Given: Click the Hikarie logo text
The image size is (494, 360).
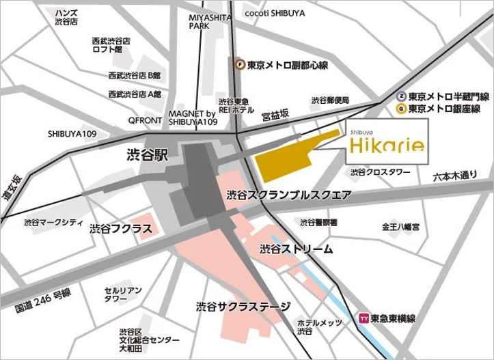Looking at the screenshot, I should coord(387,145).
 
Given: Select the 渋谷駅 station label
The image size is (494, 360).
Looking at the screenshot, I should coord(147,155).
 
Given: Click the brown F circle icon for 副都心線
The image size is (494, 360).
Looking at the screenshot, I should coord(239,65).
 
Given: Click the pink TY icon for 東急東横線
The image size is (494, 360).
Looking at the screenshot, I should coord(363,318).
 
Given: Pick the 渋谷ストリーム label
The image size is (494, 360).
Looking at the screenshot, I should coord(297,249).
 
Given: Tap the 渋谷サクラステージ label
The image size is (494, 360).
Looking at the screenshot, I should coord(243,307).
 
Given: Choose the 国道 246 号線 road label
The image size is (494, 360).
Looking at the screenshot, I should coord(42,301).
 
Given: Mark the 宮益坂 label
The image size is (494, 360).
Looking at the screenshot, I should coord(275,117).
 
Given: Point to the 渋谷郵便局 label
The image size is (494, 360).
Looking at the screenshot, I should coord(330,100).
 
